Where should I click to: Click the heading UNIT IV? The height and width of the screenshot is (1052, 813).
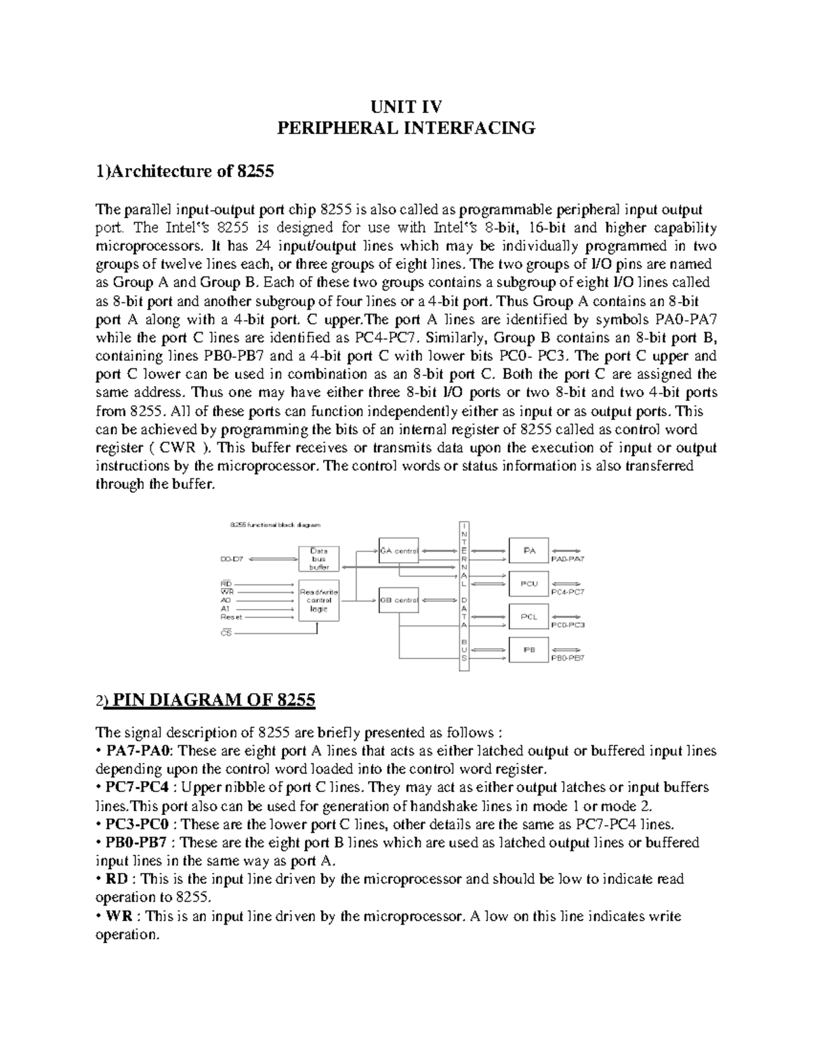click(406, 107)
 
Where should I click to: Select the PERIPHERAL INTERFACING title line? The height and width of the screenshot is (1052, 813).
click(406, 128)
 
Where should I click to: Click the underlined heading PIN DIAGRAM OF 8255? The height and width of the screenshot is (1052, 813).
click(211, 700)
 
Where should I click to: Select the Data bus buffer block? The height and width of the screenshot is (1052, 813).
click(319, 559)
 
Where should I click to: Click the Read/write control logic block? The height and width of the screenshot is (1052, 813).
click(319, 600)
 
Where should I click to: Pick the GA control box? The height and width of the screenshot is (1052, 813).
click(399, 551)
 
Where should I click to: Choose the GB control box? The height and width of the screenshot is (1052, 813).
click(399, 600)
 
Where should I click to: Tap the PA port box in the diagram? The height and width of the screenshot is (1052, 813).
click(529, 551)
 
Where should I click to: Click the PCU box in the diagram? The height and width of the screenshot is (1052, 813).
click(529, 583)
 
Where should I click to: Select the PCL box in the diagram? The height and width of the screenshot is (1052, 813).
click(529, 616)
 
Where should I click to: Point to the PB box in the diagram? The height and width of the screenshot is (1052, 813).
click(529, 649)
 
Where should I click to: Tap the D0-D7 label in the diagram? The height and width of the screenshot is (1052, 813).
click(232, 560)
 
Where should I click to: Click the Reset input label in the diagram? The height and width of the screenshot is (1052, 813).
click(232, 617)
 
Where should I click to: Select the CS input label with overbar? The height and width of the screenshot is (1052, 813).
click(226, 633)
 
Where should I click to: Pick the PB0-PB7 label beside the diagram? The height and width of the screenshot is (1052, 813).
click(568, 658)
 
